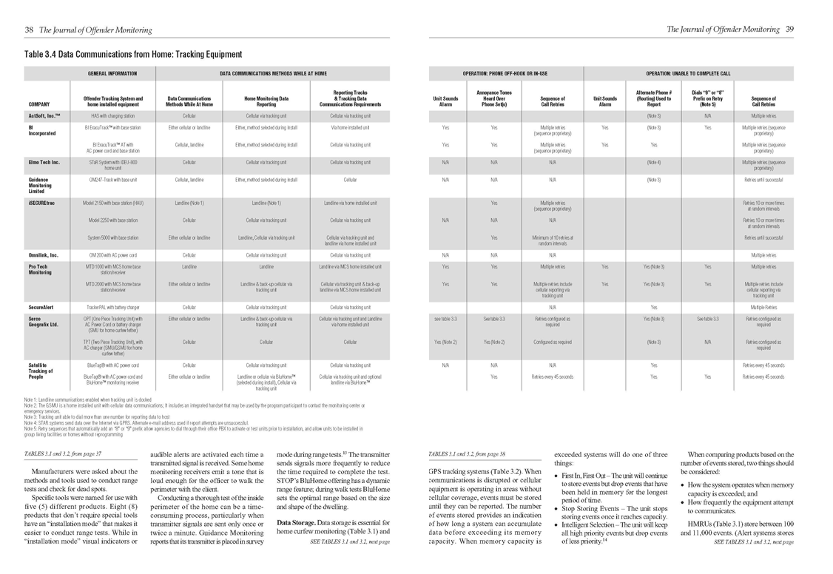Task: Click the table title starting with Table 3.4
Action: (133, 54)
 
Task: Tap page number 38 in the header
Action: (29, 30)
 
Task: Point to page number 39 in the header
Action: (789, 30)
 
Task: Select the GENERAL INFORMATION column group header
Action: (112, 74)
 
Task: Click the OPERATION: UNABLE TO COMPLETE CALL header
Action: (688, 74)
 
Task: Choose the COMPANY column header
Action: (39, 104)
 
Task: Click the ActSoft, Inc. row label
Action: (44, 116)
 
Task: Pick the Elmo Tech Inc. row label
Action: (44, 161)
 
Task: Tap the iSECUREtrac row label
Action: (43, 202)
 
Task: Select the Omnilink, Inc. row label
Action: (43, 255)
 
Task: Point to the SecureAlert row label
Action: (42, 306)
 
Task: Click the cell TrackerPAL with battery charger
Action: (113, 306)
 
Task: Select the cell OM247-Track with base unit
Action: (113, 180)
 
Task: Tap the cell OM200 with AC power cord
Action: (113, 255)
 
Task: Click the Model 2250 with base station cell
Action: (113, 220)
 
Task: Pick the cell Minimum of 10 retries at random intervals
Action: (553, 240)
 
